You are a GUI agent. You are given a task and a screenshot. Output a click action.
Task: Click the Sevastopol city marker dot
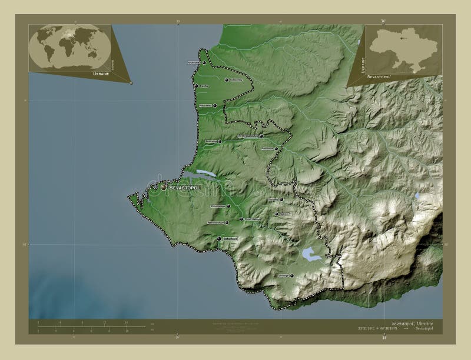(x=164, y=187)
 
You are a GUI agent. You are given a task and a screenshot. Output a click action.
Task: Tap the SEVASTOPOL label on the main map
(x=185, y=188)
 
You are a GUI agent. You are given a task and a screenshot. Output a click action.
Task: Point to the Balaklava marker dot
(x=219, y=239)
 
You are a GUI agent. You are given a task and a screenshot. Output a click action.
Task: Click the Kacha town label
(x=204, y=86)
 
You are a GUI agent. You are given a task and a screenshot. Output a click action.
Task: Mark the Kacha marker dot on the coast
(x=196, y=86)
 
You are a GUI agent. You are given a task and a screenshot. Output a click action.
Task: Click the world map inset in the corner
(x=69, y=47)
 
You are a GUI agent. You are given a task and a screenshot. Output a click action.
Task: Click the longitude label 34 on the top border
(x=383, y=21)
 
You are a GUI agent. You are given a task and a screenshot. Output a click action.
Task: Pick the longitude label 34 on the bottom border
(x=384, y=338)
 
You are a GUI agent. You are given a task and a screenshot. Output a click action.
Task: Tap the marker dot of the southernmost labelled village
(x=291, y=275)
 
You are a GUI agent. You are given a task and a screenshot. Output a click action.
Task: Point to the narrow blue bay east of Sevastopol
(x=205, y=174)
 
